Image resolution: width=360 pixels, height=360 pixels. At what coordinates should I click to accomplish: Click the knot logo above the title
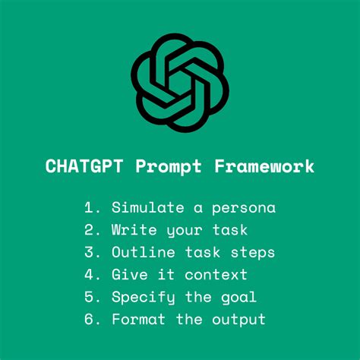[180, 84]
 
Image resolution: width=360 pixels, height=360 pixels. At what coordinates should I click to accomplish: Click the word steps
[254, 253]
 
